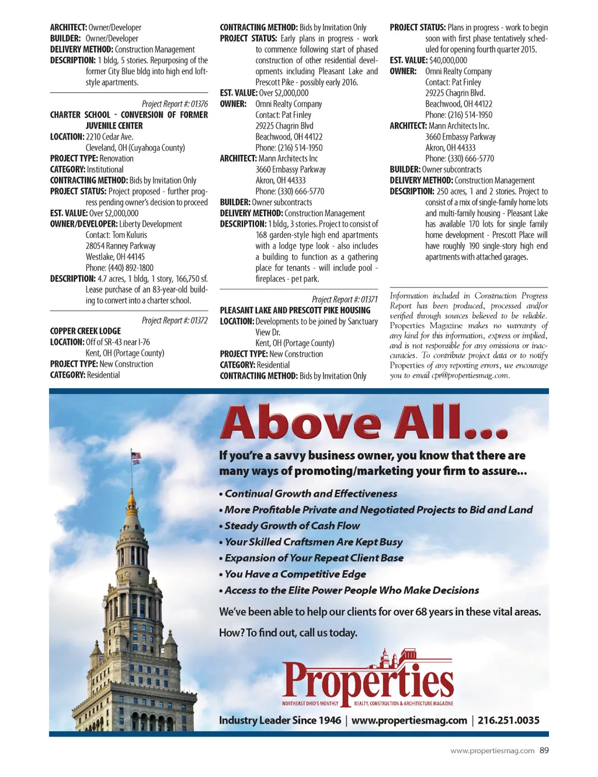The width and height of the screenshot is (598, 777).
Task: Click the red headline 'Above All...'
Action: coord(363,422)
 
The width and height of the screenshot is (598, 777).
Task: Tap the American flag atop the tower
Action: coord(136,457)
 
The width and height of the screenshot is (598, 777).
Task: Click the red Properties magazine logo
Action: coord(368,680)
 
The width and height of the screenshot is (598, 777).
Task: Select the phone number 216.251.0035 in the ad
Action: coord(508,720)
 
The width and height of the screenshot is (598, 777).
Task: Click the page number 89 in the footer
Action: coord(544,750)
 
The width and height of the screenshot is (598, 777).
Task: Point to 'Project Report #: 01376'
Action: coord(175,104)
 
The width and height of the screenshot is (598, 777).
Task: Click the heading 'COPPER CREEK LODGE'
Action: coord(85,331)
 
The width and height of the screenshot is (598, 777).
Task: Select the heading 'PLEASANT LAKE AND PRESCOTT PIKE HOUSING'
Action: coord(295,310)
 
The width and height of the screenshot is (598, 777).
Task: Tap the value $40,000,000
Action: coord(448,60)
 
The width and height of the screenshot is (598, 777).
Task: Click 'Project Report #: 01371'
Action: coord(345,299)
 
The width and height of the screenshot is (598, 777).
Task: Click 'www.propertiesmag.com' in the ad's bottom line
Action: coord(409,720)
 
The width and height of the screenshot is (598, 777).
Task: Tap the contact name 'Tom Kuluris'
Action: coord(130,235)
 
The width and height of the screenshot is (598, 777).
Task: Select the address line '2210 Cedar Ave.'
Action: coord(109,137)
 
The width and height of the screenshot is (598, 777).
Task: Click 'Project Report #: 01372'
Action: coord(175,320)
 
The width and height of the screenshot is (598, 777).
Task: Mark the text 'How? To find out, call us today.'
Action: coord(288,633)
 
